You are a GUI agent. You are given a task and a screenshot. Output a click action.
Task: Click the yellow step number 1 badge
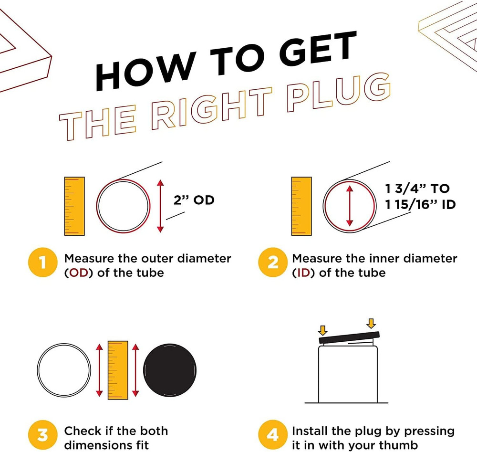pyautogui.click(x=42, y=262)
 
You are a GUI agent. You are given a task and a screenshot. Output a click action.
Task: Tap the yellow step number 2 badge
pyautogui.click(x=272, y=262)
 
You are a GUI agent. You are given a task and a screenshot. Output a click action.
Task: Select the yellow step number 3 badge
pyautogui.click(x=42, y=435)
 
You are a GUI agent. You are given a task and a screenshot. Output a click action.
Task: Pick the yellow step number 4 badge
pyautogui.click(x=272, y=435)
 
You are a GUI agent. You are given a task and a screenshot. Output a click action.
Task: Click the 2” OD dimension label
pyautogui.click(x=194, y=200)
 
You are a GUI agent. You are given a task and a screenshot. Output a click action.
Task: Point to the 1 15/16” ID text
pyautogui.click(x=420, y=205)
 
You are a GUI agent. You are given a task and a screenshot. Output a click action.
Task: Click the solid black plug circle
pyautogui.click(x=170, y=370)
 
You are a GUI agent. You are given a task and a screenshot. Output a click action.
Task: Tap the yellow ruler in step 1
pyautogui.click(x=74, y=206)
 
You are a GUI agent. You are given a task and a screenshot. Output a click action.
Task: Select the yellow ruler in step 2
pyautogui.click(x=301, y=206)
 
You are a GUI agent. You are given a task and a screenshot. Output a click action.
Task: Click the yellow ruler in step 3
pyautogui.click(x=118, y=370)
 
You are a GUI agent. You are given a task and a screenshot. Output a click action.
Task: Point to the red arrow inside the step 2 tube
pyautogui.click(x=350, y=206)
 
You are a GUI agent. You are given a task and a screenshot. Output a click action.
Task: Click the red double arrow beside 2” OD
pyautogui.click(x=160, y=206)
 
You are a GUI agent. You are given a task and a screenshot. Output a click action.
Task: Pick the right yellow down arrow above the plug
pyautogui.click(x=371, y=324)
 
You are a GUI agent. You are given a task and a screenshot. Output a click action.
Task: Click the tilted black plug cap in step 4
pyautogui.click(x=349, y=337)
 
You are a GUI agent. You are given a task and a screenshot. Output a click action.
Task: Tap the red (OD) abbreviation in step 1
pyautogui.click(x=79, y=273)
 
